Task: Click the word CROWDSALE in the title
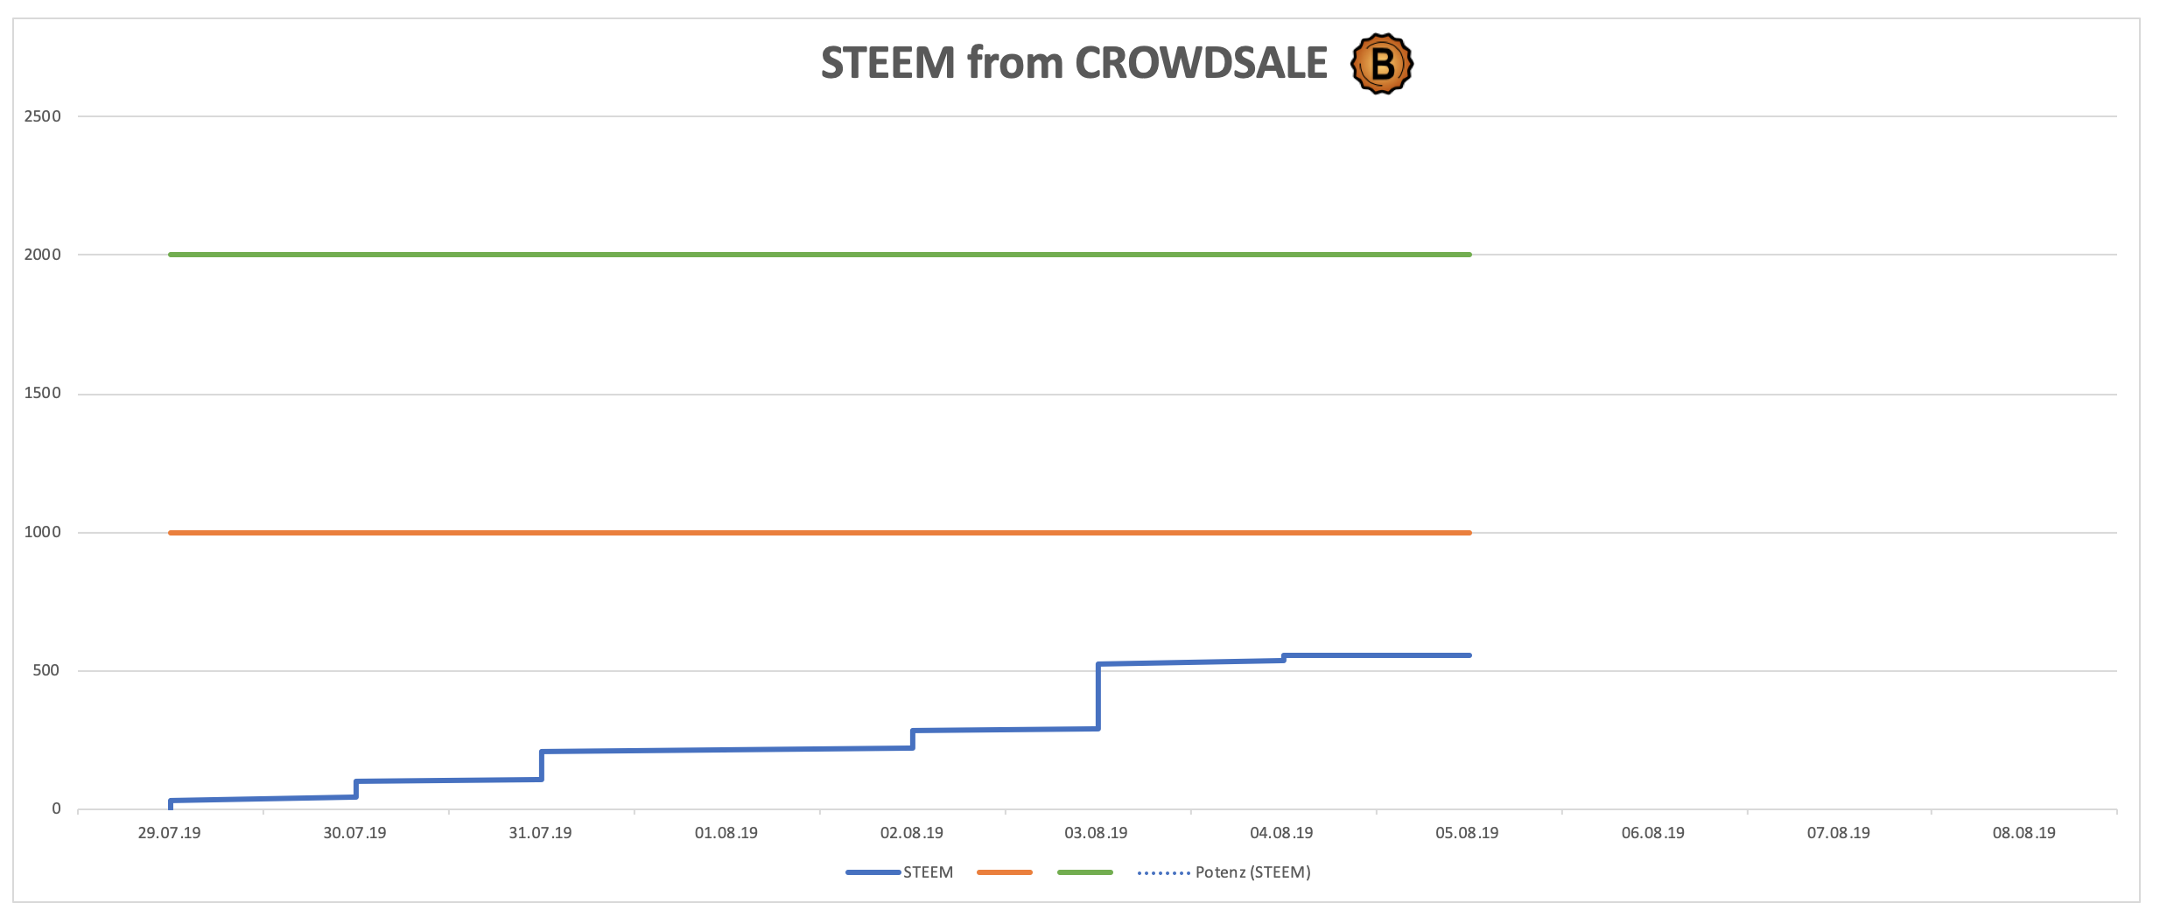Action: (x=1201, y=63)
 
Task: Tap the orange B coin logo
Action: (x=1382, y=63)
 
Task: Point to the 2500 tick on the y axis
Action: (x=43, y=116)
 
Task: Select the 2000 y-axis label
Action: (x=43, y=255)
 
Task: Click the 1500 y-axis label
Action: (x=43, y=393)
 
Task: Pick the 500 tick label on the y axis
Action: (x=46, y=670)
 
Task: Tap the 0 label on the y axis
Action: (x=56, y=808)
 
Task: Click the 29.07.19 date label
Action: (x=169, y=833)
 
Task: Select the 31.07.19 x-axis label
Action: (x=540, y=833)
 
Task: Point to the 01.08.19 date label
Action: (x=726, y=833)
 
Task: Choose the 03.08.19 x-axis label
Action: (x=1096, y=833)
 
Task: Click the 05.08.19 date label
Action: (x=1467, y=833)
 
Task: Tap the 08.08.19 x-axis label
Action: (x=2024, y=833)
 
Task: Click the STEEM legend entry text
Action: (x=928, y=872)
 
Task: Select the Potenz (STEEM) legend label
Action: (x=1252, y=872)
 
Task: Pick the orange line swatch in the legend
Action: (x=1005, y=872)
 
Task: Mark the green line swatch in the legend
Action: (x=1085, y=872)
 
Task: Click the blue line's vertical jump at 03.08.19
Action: (x=1098, y=696)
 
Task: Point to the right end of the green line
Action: (x=1469, y=255)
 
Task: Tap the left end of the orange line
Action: (x=172, y=532)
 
